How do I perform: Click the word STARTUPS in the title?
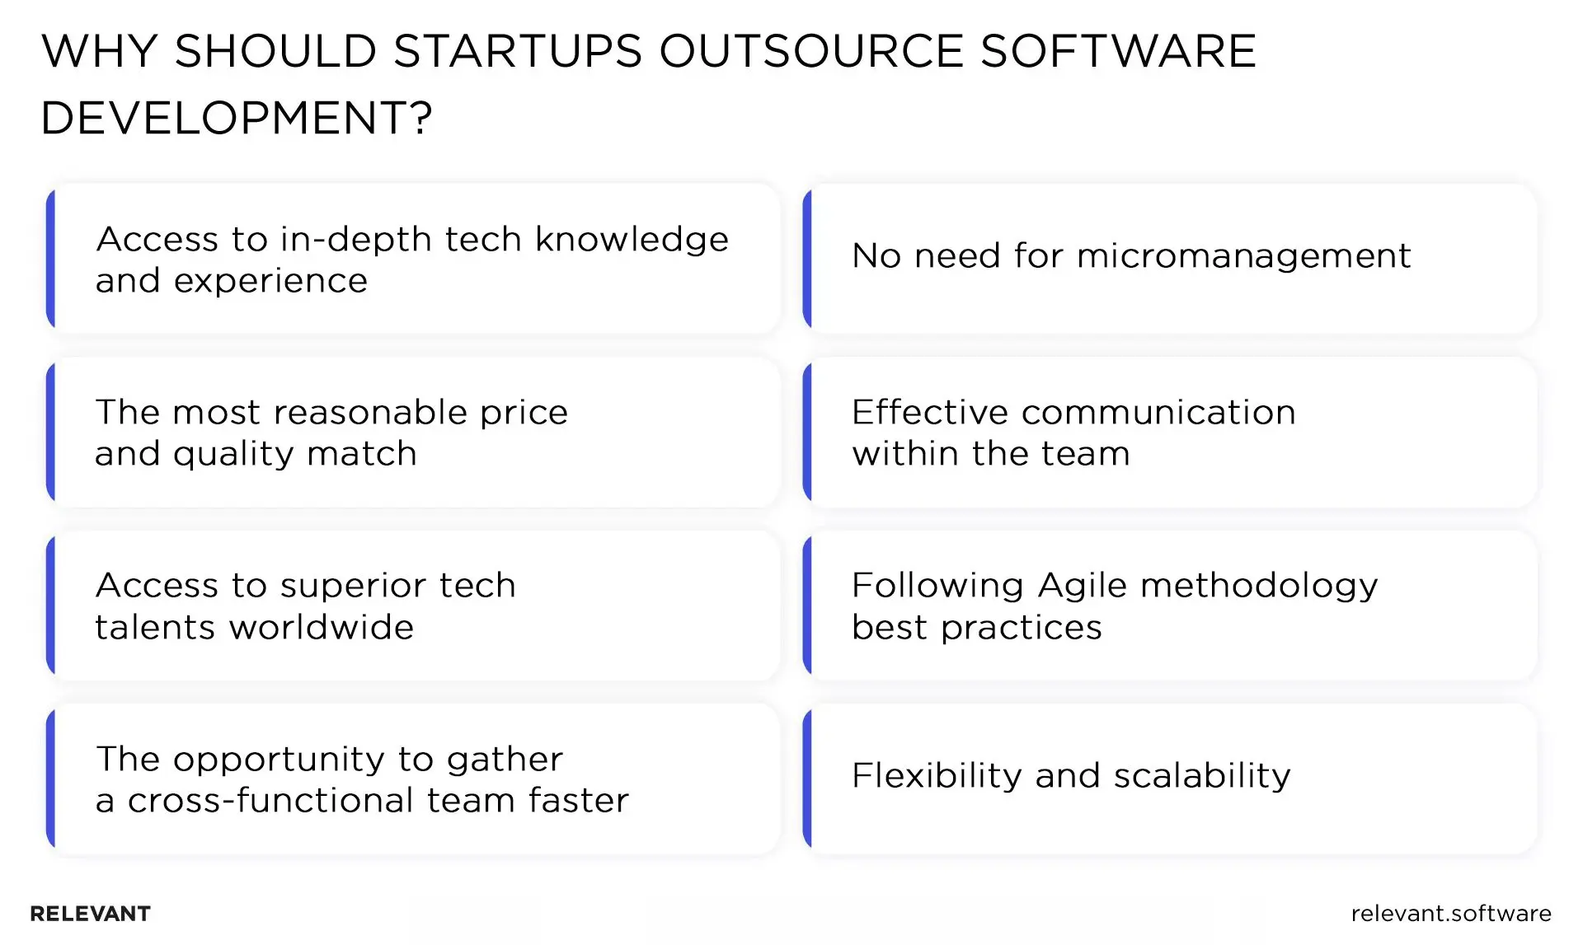pos(517,51)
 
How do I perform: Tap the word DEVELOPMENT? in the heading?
pos(236,118)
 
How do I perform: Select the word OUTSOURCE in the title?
pos(811,51)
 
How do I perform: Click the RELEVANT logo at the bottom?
pos(91,914)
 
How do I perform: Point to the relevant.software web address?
pos(1450,913)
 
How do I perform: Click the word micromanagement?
pos(1243,256)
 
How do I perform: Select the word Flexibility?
pos(937,775)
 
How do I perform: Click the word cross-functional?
pos(270,801)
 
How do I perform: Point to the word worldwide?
pos(322,628)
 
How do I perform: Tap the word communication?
pos(1158,412)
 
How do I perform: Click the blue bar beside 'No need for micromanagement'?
pos(808,259)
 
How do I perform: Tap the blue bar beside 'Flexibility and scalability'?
pos(808,779)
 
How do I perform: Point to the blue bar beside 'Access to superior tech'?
pos(51,606)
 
